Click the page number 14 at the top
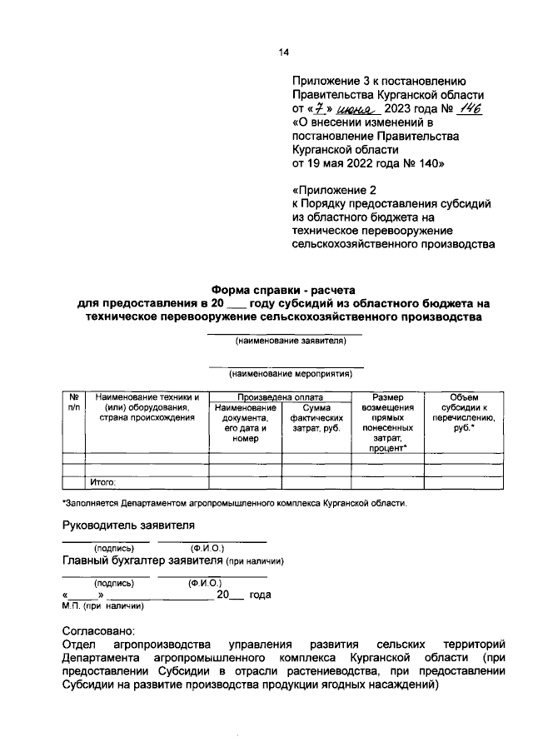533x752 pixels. click(283, 52)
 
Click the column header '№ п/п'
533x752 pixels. click(74, 403)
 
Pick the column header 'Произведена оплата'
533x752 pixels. click(280, 398)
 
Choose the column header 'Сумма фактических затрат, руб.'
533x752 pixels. click(316, 418)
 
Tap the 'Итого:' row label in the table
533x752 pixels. click(102, 481)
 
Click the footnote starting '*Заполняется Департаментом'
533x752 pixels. click(234, 504)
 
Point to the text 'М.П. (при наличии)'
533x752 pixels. click(103, 607)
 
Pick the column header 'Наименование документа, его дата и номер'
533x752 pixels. click(245, 423)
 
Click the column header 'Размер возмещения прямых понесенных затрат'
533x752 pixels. click(387, 423)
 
